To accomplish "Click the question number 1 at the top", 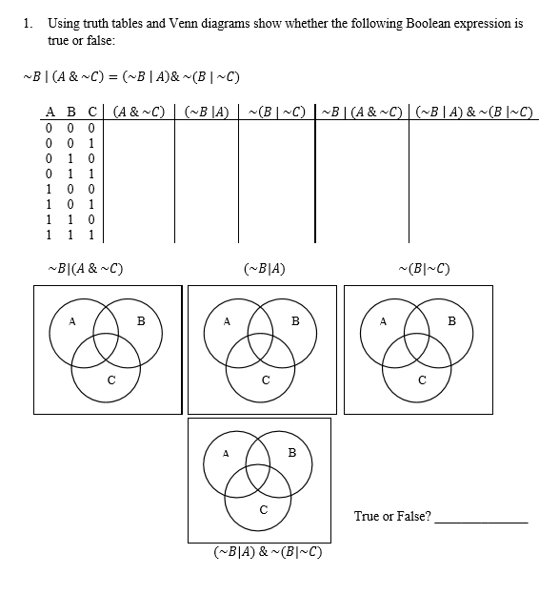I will pyautogui.click(x=27, y=24).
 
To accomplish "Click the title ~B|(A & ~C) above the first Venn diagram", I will pyautogui.click(x=85, y=269).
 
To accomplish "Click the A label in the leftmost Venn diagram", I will pyautogui.click(x=72, y=321).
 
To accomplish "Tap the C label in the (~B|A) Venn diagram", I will pyautogui.click(x=267, y=382).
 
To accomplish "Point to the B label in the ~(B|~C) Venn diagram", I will pyautogui.click(x=451, y=321).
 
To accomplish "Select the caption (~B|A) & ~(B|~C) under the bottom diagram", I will pyautogui.click(x=267, y=551).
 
